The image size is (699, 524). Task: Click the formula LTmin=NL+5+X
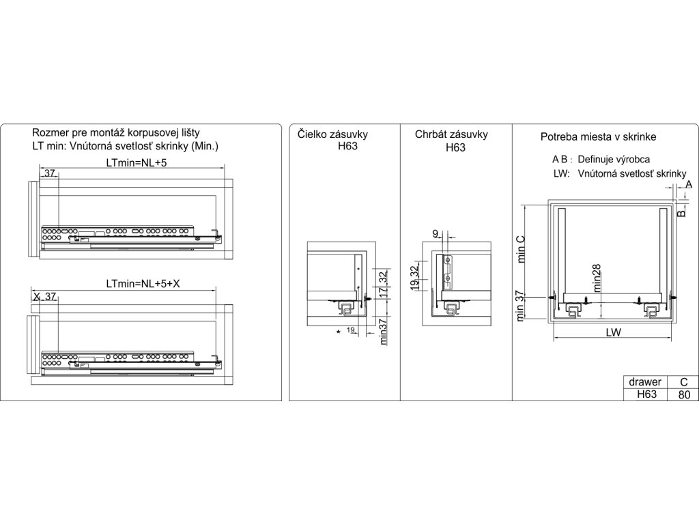[x=143, y=284]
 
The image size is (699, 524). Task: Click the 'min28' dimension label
[x=596, y=278]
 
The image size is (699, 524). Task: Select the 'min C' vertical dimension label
[x=520, y=250]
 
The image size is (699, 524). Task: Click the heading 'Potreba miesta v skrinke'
[x=598, y=137]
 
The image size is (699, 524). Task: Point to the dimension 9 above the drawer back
[x=436, y=234]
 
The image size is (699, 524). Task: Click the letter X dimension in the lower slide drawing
[x=35, y=297]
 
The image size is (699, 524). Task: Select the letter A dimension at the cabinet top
[x=688, y=184]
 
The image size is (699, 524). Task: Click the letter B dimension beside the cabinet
[x=681, y=212]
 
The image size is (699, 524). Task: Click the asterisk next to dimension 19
[x=339, y=332]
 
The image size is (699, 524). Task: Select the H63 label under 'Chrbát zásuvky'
[x=455, y=147]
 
